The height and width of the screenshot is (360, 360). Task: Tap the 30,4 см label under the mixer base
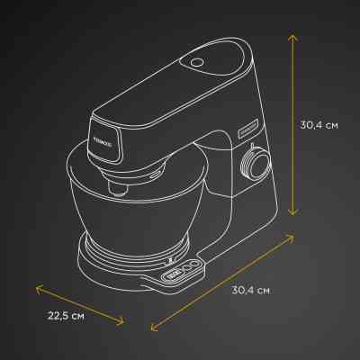click(x=250, y=291)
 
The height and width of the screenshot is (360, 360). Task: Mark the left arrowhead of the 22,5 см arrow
click(x=37, y=287)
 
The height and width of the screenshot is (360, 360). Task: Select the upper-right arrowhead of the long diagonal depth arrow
click(x=293, y=236)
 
